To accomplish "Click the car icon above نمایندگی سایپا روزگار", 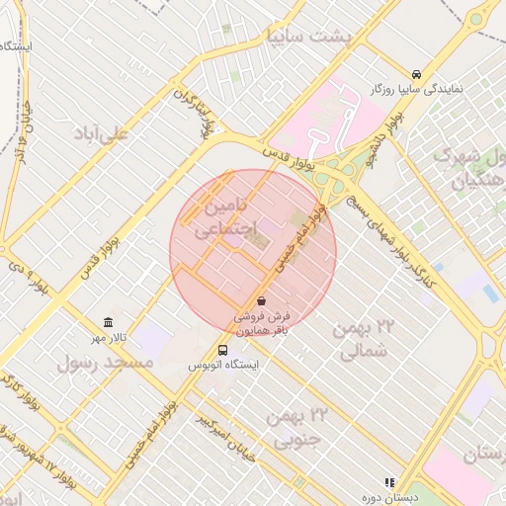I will [x=417, y=74].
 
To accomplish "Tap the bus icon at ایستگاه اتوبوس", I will [x=222, y=350].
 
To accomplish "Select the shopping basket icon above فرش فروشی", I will [x=261, y=300].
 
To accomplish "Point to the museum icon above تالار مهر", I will [x=108, y=323].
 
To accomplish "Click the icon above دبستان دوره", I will [x=389, y=481].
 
